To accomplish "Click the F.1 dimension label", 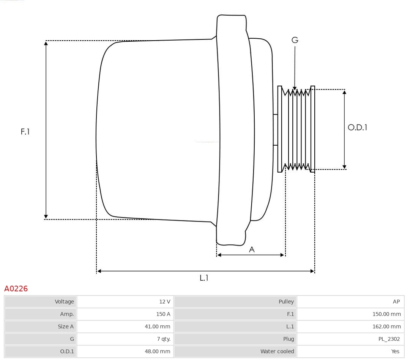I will point(25,132).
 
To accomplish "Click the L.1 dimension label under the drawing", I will point(204,278).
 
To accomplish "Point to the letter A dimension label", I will point(251,249).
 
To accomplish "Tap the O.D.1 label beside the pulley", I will point(357,127).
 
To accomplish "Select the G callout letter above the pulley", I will point(295,40).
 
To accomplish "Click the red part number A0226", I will point(16,289).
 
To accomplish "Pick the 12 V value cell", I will point(165,302).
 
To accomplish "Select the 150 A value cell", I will point(163,314).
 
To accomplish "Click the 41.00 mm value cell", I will point(158,326).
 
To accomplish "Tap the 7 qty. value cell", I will point(164,339).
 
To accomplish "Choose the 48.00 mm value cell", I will point(158,351).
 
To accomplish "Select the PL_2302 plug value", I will point(389,339).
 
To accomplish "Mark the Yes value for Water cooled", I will point(395,351).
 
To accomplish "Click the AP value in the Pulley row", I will point(396,302).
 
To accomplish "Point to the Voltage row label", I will point(64,302).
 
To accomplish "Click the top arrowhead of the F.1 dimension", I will point(46,43).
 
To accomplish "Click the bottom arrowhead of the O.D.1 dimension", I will point(344,167).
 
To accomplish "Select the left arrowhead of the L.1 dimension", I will point(99,271).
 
